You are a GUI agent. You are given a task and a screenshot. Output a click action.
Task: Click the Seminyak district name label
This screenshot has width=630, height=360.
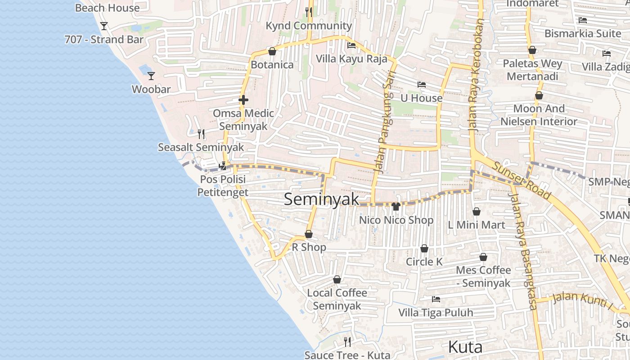pyautogui.click(x=321, y=199)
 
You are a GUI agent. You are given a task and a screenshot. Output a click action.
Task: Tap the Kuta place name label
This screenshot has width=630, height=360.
pyautogui.click(x=465, y=347)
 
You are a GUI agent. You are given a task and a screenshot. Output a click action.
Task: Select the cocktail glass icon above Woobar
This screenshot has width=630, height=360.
pyautogui.click(x=151, y=76)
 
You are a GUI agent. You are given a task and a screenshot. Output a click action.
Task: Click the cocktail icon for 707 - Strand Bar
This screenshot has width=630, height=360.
pyautogui.click(x=104, y=26)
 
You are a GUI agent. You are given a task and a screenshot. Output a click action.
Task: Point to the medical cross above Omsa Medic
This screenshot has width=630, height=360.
pyautogui.click(x=243, y=99)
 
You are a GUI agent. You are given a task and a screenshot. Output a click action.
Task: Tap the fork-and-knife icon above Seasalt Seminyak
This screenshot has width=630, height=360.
pyautogui.click(x=201, y=134)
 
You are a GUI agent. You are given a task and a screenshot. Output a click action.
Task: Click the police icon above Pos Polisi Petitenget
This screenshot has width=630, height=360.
pyautogui.click(x=223, y=166)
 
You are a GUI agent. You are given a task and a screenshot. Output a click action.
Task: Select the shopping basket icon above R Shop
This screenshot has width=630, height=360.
pyautogui.click(x=309, y=234)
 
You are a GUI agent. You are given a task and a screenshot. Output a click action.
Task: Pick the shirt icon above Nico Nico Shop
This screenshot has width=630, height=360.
pyautogui.click(x=396, y=207)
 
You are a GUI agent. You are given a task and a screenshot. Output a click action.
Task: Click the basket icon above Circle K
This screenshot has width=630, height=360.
pyautogui.click(x=424, y=248)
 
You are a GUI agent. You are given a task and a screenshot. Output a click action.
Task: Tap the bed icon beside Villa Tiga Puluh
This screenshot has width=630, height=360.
pyautogui.click(x=436, y=299)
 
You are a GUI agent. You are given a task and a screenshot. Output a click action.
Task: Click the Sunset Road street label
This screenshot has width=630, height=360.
pyautogui.click(x=521, y=180)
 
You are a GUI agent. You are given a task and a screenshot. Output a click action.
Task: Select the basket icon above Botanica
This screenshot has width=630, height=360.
pyautogui.click(x=272, y=51)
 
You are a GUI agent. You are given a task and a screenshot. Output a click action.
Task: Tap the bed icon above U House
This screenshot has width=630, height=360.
pyautogui.click(x=421, y=85)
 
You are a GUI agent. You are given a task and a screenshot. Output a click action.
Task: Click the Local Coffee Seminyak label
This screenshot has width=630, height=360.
pyautogui.click(x=337, y=299)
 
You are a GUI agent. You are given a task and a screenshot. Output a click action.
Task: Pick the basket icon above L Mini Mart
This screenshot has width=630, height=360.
pyautogui.click(x=477, y=211)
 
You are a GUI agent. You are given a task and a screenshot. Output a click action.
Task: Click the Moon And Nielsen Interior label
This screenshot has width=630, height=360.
pyautogui.click(x=539, y=115)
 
